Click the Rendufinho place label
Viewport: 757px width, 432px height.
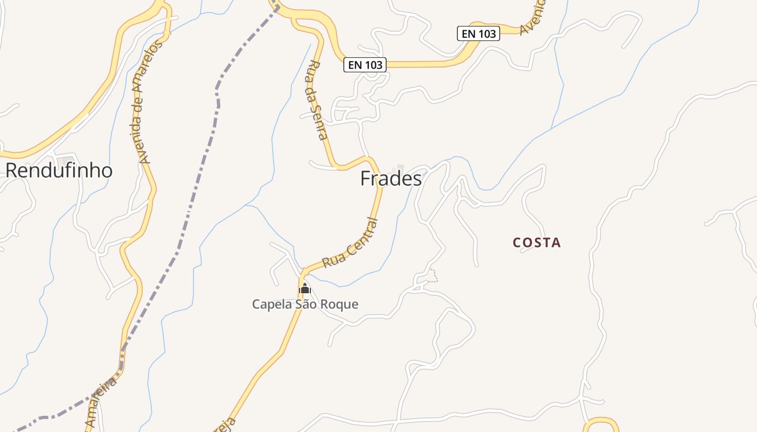tap(59, 171)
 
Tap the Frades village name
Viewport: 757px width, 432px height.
tap(391, 179)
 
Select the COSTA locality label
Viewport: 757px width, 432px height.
tap(536, 243)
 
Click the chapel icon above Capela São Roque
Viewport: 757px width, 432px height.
tap(305, 289)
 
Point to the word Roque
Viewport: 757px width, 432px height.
tap(340, 305)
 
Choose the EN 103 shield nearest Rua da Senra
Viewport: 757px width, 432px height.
tap(365, 65)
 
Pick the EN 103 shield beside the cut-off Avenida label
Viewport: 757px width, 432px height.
tap(479, 33)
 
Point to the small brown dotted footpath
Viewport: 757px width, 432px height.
tap(433, 276)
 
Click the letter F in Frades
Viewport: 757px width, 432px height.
tap(366, 179)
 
